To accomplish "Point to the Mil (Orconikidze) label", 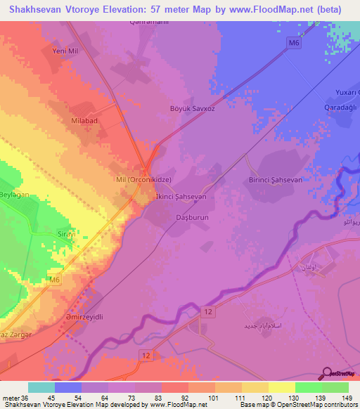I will (143, 179).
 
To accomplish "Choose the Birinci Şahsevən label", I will (276, 180).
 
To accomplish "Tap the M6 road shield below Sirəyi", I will (55, 261).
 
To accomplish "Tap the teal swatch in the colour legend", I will (41, 387).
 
